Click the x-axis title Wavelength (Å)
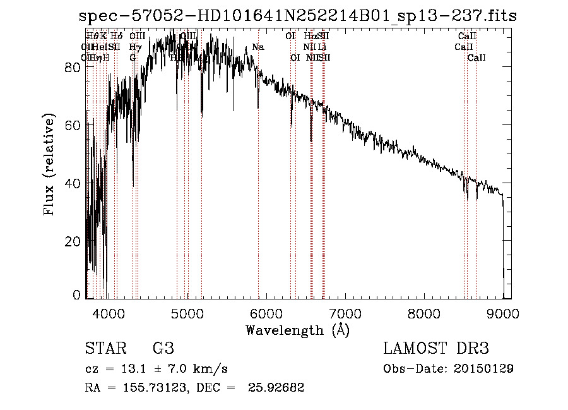tap(297, 330)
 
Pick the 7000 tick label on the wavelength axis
tap(345, 312)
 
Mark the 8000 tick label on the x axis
tap(423, 312)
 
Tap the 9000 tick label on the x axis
tap(502, 312)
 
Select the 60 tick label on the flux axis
tap(74, 124)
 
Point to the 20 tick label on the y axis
tap(74, 241)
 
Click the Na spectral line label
tap(257, 47)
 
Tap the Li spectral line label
tap(322, 47)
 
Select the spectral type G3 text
tap(163, 348)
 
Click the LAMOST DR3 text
tap(436, 348)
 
